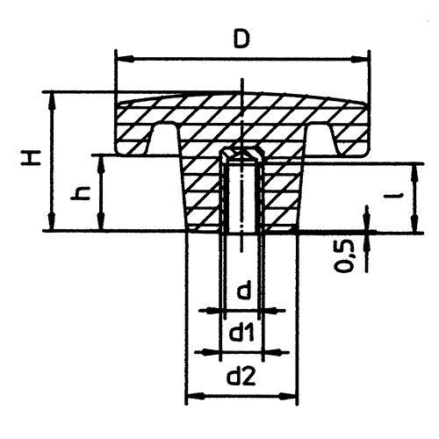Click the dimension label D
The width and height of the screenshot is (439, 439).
click(x=241, y=39)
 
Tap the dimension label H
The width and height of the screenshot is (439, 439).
click(x=31, y=158)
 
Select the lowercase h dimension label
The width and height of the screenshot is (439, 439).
click(x=80, y=194)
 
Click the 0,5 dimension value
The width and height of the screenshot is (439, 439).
click(x=345, y=255)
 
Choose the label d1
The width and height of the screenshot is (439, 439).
click(x=241, y=333)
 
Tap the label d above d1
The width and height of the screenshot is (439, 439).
click(x=243, y=291)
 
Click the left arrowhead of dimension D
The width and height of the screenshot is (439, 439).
click(x=126, y=59)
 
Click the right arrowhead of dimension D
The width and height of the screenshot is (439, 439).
click(x=359, y=59)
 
